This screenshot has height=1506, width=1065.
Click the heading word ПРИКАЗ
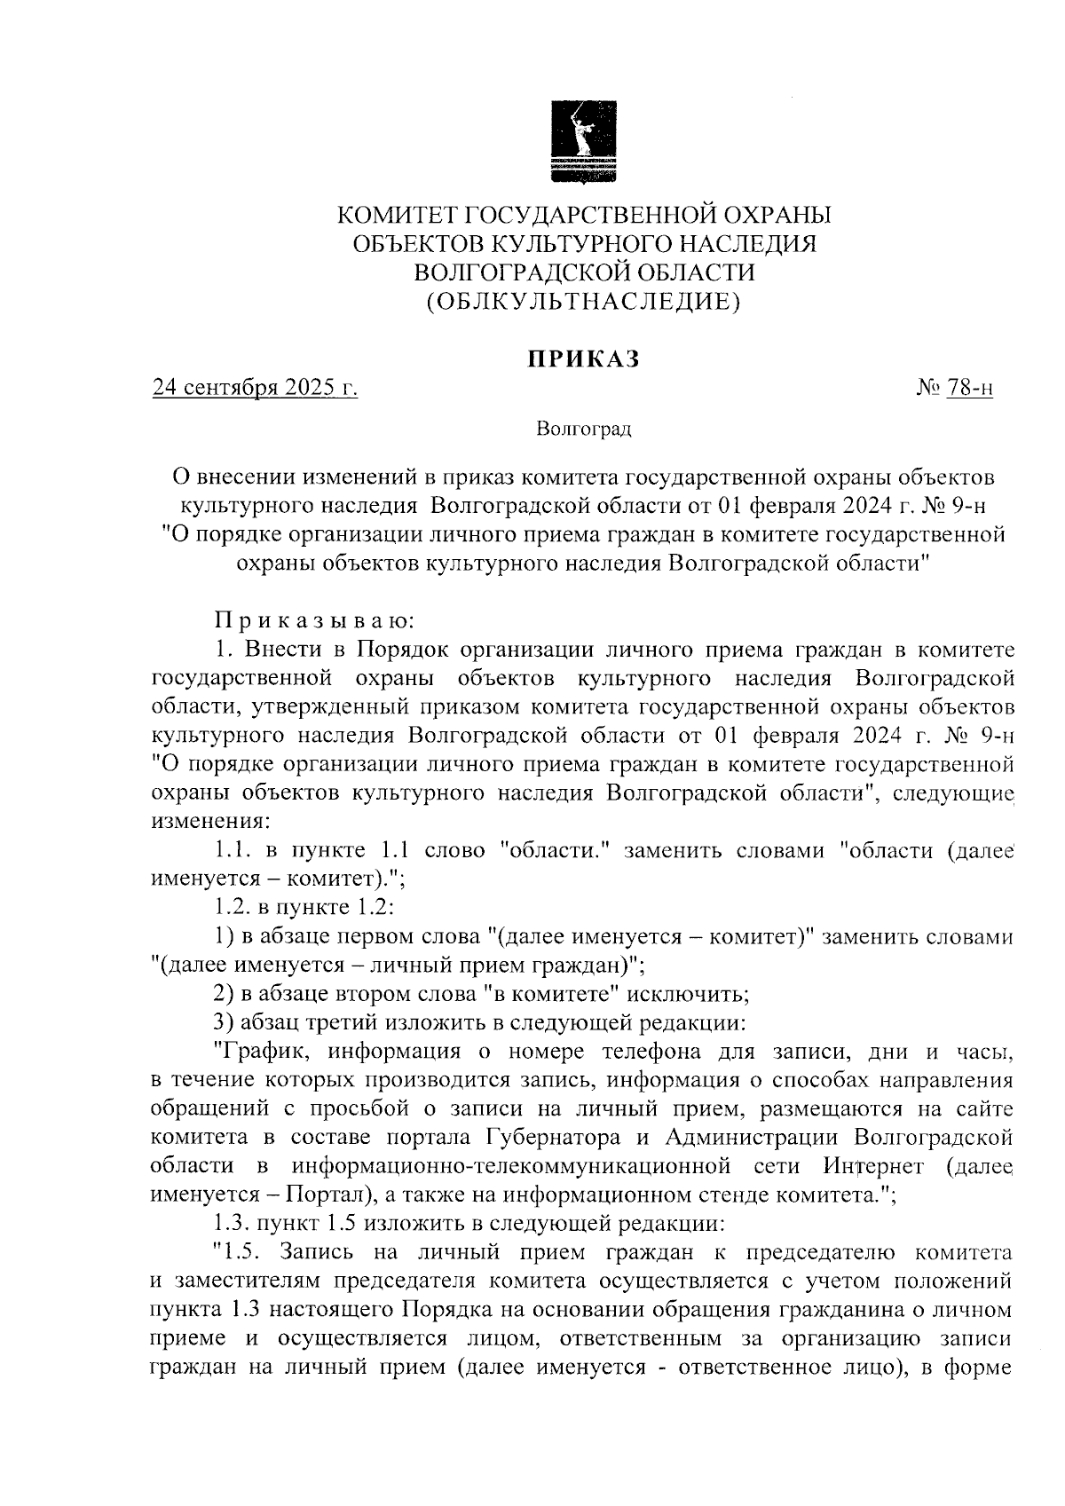coord(583,359)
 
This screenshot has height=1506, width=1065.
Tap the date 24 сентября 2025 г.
coord(256,388)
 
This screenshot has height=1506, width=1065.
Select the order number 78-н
coord(969,388)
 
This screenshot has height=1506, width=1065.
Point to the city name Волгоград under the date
coord(583,430)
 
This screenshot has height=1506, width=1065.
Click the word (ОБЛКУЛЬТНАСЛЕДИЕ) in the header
coord(583,302)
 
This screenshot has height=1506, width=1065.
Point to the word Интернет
coord(873,1165)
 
